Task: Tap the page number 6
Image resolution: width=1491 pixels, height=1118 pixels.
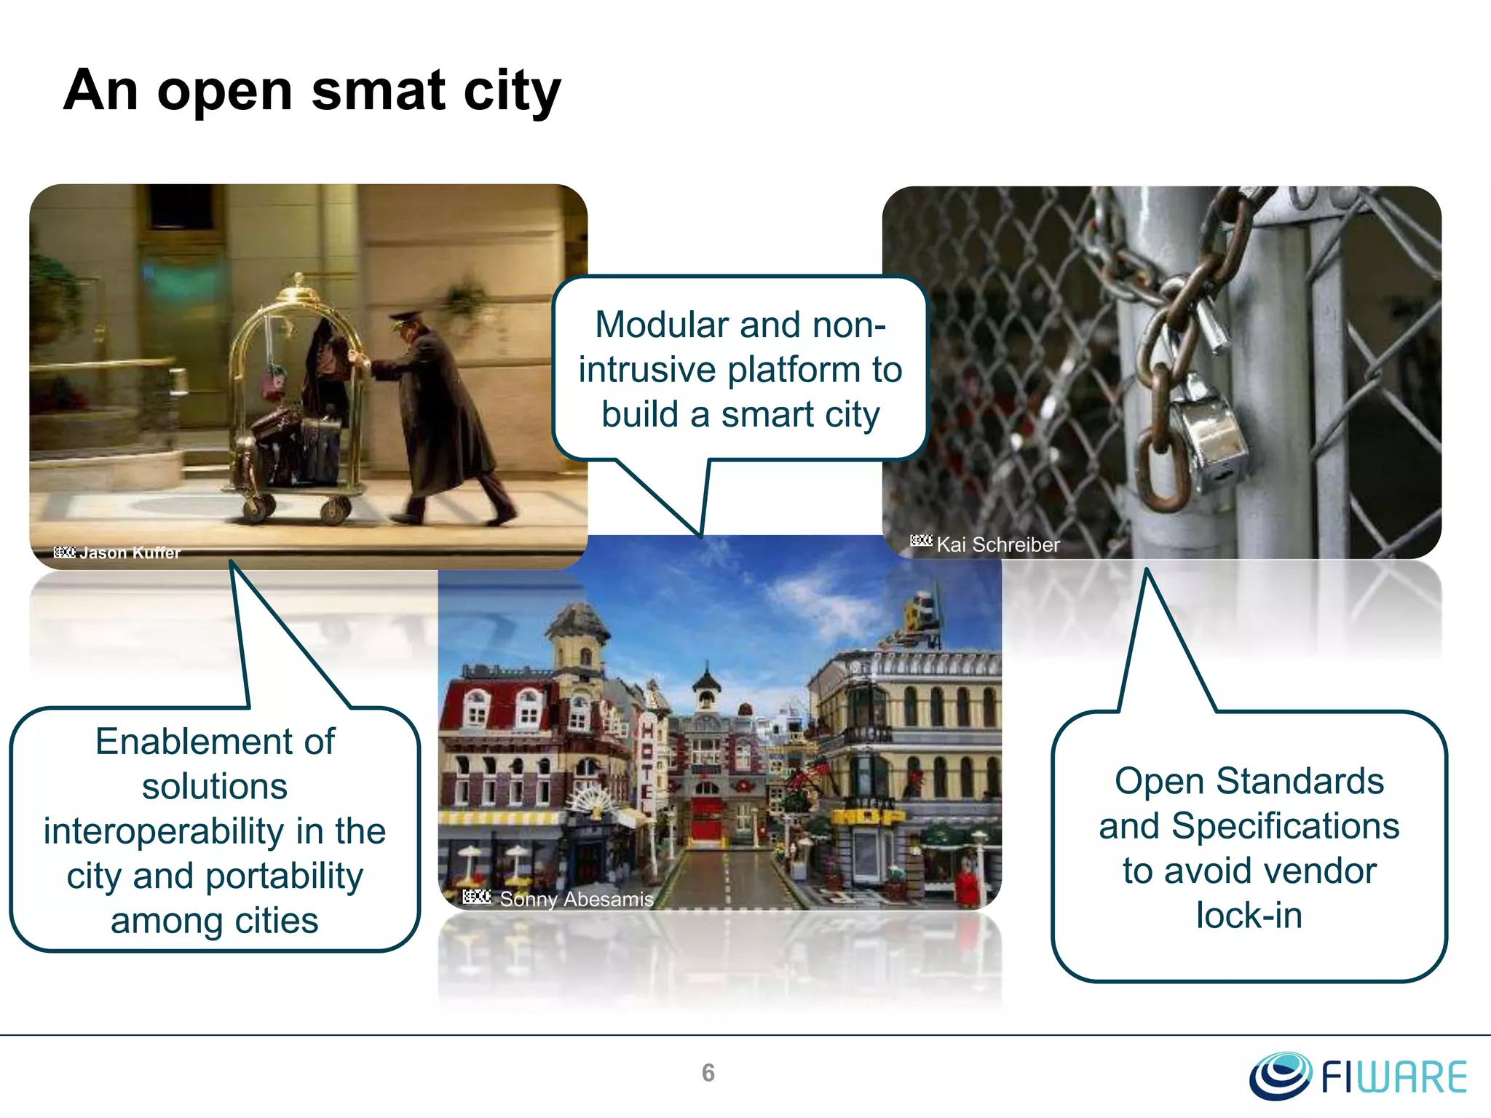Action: pyautogui.click(x=708, y=1073)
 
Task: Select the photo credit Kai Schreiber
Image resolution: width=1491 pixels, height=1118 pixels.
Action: pyautogui.click(x=997, y=544)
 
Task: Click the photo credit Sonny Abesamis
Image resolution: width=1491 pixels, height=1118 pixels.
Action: pyautogui.click(x=576, y=899)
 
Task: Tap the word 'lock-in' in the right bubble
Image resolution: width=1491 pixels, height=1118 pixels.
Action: pyautogui.click(x=1249, y=915)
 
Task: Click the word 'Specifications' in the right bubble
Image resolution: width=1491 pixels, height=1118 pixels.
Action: pyautogui.click(x=1285, y=826)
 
